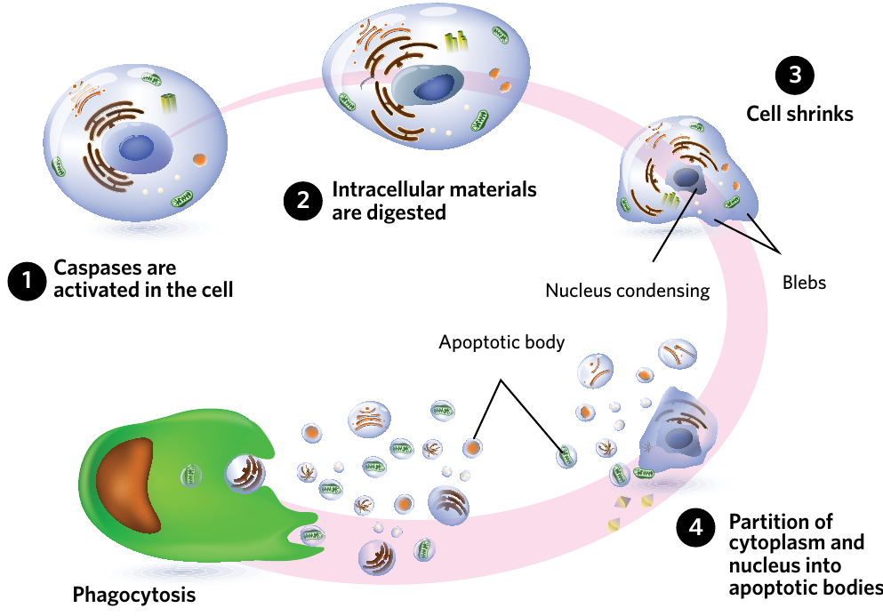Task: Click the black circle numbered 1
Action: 27,281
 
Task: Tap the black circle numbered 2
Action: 303,200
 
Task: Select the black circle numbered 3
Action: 795,76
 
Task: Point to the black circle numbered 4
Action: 696,528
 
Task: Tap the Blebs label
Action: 804,283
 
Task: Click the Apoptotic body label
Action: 502,342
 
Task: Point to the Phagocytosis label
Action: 134,596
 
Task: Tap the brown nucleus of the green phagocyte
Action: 126,484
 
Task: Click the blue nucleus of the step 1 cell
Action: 136,148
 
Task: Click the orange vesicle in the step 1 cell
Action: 199,160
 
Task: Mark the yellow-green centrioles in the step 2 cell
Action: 456,43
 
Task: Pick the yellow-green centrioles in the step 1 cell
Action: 169,102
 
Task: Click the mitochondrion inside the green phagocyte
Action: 191,476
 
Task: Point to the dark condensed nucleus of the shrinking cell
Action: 686,178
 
